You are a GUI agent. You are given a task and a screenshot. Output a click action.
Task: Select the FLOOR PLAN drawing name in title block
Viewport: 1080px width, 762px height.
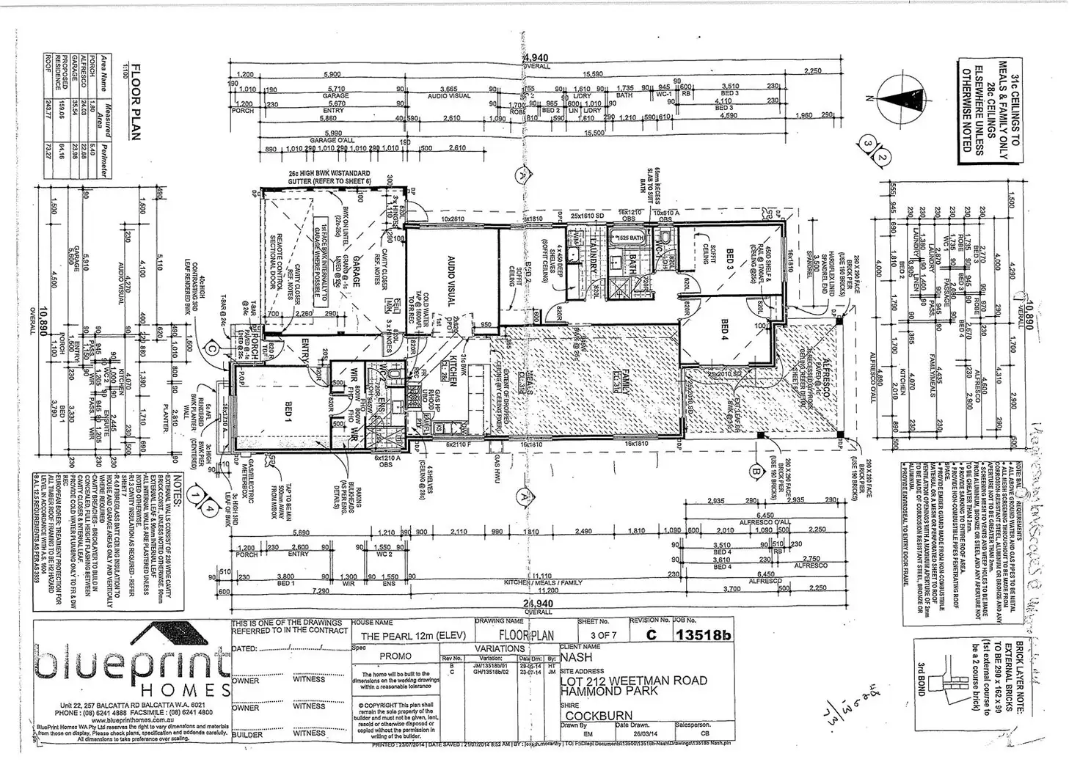525,635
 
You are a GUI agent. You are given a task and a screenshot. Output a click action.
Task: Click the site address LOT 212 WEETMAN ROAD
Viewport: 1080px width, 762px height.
634,681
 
